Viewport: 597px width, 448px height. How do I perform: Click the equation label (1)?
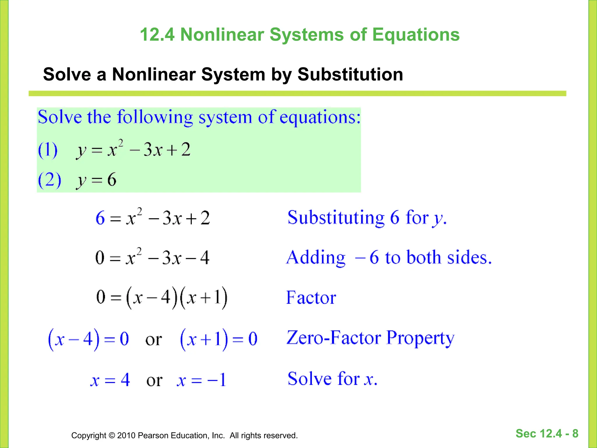[48, 150]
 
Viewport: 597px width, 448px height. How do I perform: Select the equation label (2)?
[50, 180]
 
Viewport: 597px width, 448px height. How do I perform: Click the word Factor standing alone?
[311, 298]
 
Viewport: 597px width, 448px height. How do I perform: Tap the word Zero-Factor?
[334, 338]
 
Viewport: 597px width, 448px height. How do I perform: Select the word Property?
[420, 338]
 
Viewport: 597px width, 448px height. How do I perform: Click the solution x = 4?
[110, 380]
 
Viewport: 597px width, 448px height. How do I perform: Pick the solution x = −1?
[201, 380]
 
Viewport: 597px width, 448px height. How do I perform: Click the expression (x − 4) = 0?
[88, 339]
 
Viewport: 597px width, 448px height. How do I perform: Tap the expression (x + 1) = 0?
[219, 339]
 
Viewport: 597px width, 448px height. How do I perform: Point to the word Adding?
[316, 258]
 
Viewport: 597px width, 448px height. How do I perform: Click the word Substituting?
[336, 218]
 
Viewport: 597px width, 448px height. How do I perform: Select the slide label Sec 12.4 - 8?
[547, 433]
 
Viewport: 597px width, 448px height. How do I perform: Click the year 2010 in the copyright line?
[126, 435]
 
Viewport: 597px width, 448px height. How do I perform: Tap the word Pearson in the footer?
[153, 435]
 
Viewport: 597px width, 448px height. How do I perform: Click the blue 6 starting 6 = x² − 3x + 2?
[100, 218]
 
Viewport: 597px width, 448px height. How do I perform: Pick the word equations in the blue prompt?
[320, 118]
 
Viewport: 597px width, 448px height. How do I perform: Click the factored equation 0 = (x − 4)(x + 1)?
[162, 298]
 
